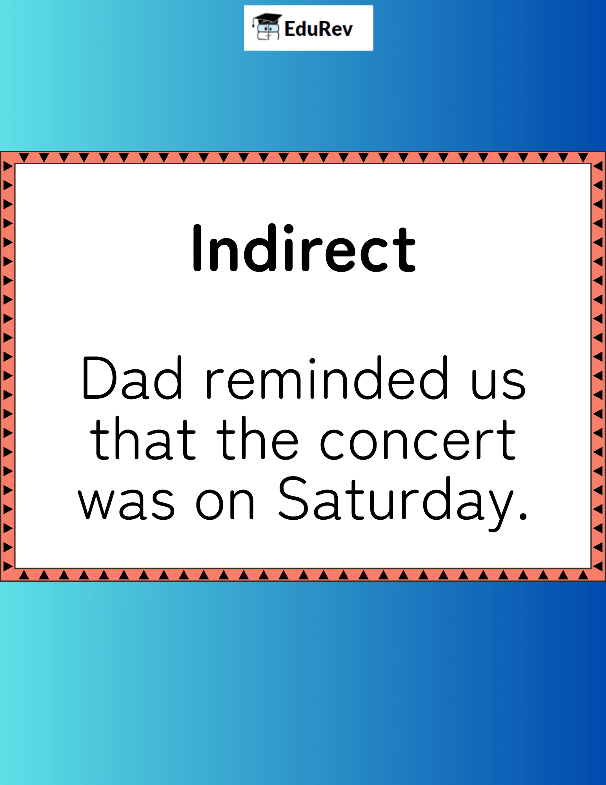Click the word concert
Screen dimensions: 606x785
click(x=418, y=440)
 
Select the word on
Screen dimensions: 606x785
click(x=225, y=505)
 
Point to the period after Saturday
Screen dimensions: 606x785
click(x=523, y=515)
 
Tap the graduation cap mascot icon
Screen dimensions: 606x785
click(x=266, y=27)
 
